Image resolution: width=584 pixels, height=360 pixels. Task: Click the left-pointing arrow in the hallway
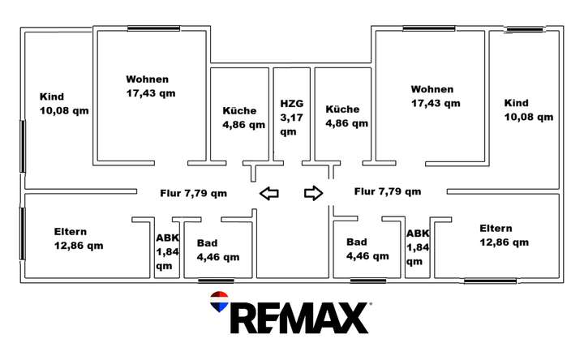269,194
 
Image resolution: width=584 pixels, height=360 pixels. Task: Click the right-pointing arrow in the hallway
314,193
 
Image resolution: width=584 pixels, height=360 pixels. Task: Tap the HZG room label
292,118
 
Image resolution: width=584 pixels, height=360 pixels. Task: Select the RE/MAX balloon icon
219,302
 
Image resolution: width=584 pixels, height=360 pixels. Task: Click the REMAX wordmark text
299,318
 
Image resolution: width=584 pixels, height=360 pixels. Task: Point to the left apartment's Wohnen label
151,86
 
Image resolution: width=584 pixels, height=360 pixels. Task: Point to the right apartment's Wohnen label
436,96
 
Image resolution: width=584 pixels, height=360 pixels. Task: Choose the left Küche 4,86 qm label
244,118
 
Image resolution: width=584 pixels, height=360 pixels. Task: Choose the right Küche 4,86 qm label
347,116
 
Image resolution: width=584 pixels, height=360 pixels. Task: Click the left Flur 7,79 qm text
194,194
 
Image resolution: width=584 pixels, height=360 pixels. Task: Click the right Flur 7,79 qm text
388,191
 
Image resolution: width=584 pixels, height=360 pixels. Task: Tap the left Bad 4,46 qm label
218,250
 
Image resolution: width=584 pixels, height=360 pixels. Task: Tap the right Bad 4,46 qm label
367,249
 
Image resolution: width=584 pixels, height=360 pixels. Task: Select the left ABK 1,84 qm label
168,251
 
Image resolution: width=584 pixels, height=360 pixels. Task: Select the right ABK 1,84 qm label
418,247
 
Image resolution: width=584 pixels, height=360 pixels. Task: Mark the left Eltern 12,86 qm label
79,238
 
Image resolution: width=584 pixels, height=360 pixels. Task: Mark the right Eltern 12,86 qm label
505,235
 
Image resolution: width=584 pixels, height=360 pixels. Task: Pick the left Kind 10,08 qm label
64,104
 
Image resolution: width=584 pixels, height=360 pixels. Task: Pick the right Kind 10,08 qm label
529,110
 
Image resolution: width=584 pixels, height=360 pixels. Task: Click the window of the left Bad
216,281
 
